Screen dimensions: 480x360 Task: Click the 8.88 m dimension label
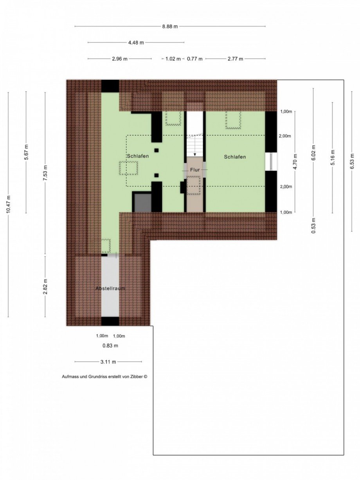(170, 27)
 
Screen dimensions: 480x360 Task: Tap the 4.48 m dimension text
(136, 43)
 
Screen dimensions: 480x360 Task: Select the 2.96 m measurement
(119, 59)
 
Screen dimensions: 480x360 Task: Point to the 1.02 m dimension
(173, 59)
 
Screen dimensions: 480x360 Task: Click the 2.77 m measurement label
(235, 59)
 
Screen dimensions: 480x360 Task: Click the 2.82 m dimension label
(45, 286)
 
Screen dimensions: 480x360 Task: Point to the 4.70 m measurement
(295, 162)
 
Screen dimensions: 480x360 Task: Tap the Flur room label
(195, 170)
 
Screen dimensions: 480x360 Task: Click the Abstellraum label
(110, 288)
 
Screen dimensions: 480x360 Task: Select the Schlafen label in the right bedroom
(235, 157)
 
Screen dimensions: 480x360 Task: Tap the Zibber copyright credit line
(104, 376)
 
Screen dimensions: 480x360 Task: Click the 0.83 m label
(110, 346)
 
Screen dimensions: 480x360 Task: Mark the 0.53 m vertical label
(313, 225)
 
